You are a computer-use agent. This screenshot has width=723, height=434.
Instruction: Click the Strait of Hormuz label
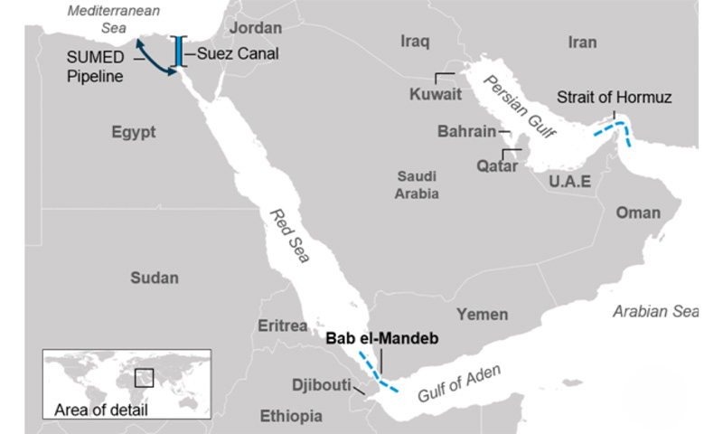coord(614,97)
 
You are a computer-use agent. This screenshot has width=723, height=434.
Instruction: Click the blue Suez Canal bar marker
coord(181,51)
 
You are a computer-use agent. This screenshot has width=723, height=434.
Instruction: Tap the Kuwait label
coord(435,93)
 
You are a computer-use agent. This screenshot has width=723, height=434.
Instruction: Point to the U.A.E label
coord(569,182)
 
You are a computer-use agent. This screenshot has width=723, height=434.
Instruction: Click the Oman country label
coord(638,212)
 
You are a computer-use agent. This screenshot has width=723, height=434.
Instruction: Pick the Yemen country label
coord(482,314)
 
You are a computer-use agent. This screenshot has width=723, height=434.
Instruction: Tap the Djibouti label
coord(321,384)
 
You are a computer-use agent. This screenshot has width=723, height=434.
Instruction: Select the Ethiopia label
coord(291,416)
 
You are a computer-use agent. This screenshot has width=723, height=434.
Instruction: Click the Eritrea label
coord(283,325)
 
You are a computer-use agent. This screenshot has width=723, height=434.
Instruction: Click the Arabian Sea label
coord(656,311)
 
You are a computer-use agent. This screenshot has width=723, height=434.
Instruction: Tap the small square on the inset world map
coord(144,378)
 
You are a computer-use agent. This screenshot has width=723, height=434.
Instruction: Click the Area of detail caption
coord(100,410)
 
